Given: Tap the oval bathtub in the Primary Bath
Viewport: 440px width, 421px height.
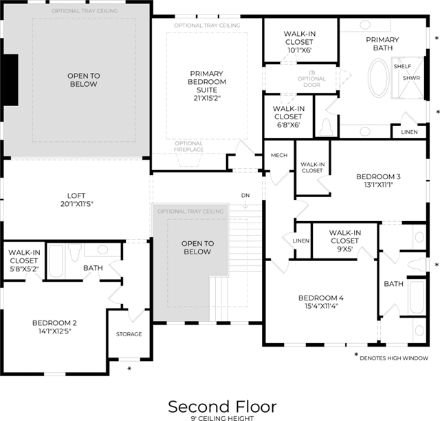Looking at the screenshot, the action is [379, 77].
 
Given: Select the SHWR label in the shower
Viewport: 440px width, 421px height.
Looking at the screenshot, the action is [411, 78].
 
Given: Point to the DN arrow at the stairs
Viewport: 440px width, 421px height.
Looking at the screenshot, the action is [245, 205].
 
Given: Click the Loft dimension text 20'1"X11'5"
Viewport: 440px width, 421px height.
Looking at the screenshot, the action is [76, 204].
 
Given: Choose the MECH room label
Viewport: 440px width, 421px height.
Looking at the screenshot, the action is [279, 155].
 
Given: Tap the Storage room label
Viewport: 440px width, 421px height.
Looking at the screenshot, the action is [129, 334].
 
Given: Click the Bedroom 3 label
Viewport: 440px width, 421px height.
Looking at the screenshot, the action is [378, 176].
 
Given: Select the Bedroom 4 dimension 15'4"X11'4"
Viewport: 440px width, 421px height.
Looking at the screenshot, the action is [321, 306].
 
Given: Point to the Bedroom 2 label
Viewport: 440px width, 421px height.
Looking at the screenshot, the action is [54, 323].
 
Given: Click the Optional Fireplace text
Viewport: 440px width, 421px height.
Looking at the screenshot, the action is [188, 147].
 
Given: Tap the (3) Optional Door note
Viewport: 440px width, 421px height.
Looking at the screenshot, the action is [311, 79].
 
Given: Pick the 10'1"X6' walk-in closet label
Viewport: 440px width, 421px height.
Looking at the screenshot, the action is [300, 42].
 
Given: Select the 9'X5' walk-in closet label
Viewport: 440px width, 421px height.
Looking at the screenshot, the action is [345, 240].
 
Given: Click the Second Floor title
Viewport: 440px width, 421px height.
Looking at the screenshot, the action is [222, 407].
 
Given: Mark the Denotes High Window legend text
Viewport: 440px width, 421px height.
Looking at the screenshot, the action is [394, 358].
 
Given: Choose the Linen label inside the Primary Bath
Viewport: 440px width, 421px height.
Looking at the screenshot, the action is [410, 132].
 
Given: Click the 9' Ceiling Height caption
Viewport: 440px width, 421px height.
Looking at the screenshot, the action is [222, 418].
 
